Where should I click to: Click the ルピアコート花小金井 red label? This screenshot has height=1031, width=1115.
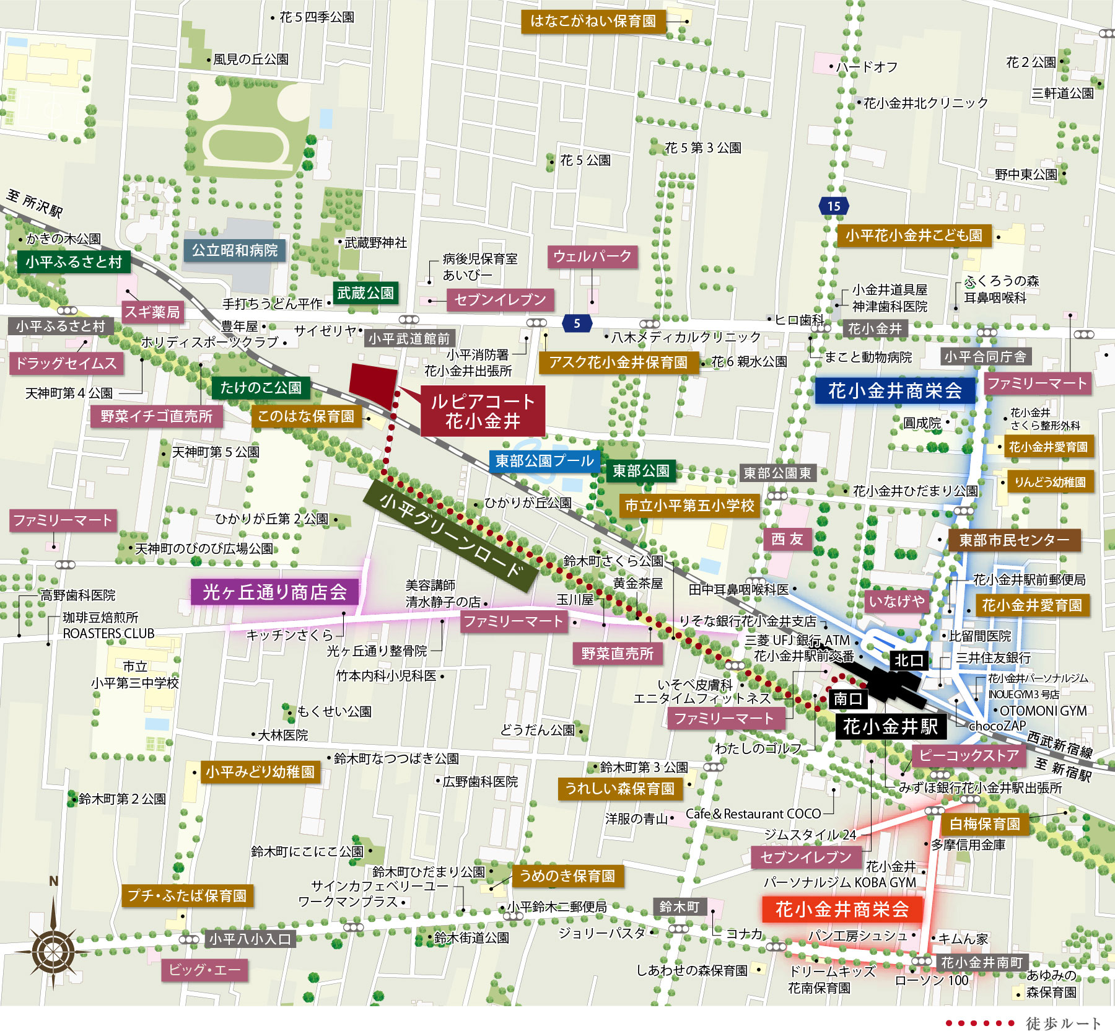(483, 411)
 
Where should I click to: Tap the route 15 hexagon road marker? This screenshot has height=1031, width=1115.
(833, 206)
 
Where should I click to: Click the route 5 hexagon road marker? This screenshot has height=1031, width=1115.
(577, 323)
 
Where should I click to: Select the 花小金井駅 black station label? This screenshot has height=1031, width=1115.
(890, 726)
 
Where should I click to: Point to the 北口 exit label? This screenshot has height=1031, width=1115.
(908, 660)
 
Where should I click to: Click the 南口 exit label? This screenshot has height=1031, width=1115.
(847, 699)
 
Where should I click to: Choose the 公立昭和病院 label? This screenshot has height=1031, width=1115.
(235, 250)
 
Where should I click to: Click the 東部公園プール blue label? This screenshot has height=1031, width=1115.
(544, 461)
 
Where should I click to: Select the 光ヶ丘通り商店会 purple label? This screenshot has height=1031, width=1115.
(274, 592)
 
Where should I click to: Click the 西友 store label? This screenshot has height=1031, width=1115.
(787, 539)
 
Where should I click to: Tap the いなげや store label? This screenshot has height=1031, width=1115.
(896, 600)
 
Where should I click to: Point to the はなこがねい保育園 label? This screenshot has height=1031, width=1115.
(593, 21)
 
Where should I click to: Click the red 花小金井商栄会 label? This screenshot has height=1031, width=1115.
(842, 910)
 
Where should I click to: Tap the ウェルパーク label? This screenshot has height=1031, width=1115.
(592, 257)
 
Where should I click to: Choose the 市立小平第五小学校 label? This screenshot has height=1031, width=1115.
(689, 506)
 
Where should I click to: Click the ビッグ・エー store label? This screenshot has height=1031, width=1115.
(204, 970)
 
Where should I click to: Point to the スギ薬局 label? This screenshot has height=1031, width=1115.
(152, 312)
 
